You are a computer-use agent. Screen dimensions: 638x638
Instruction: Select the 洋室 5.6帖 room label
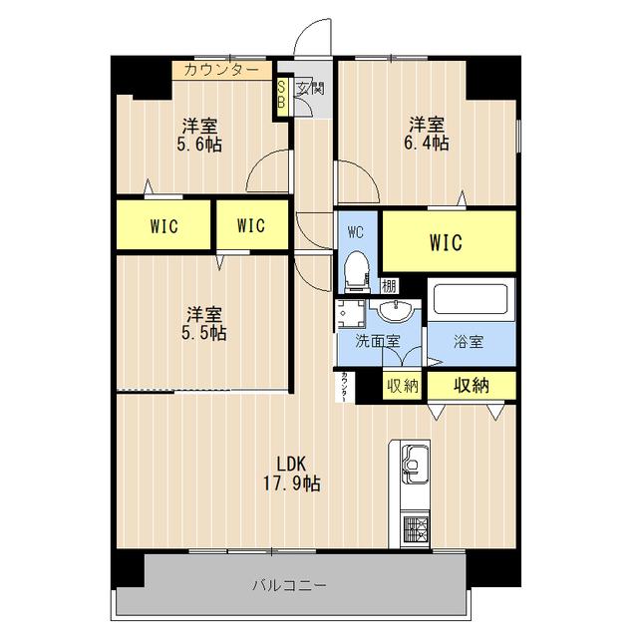point(201,135)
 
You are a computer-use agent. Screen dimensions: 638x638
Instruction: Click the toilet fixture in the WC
point(355,268)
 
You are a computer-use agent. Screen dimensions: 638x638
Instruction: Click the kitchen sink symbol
point(414,467)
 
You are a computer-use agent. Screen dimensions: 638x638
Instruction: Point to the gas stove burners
point(414,529)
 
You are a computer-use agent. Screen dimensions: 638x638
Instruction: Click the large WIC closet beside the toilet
point(448,241)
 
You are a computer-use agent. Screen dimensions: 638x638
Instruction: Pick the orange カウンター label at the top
point(218,70)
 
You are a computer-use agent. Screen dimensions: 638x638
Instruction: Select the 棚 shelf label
point(390,286)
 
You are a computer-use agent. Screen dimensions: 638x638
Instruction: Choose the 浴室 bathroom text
point(469,342)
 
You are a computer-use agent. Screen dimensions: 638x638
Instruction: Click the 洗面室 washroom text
point(380,342)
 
